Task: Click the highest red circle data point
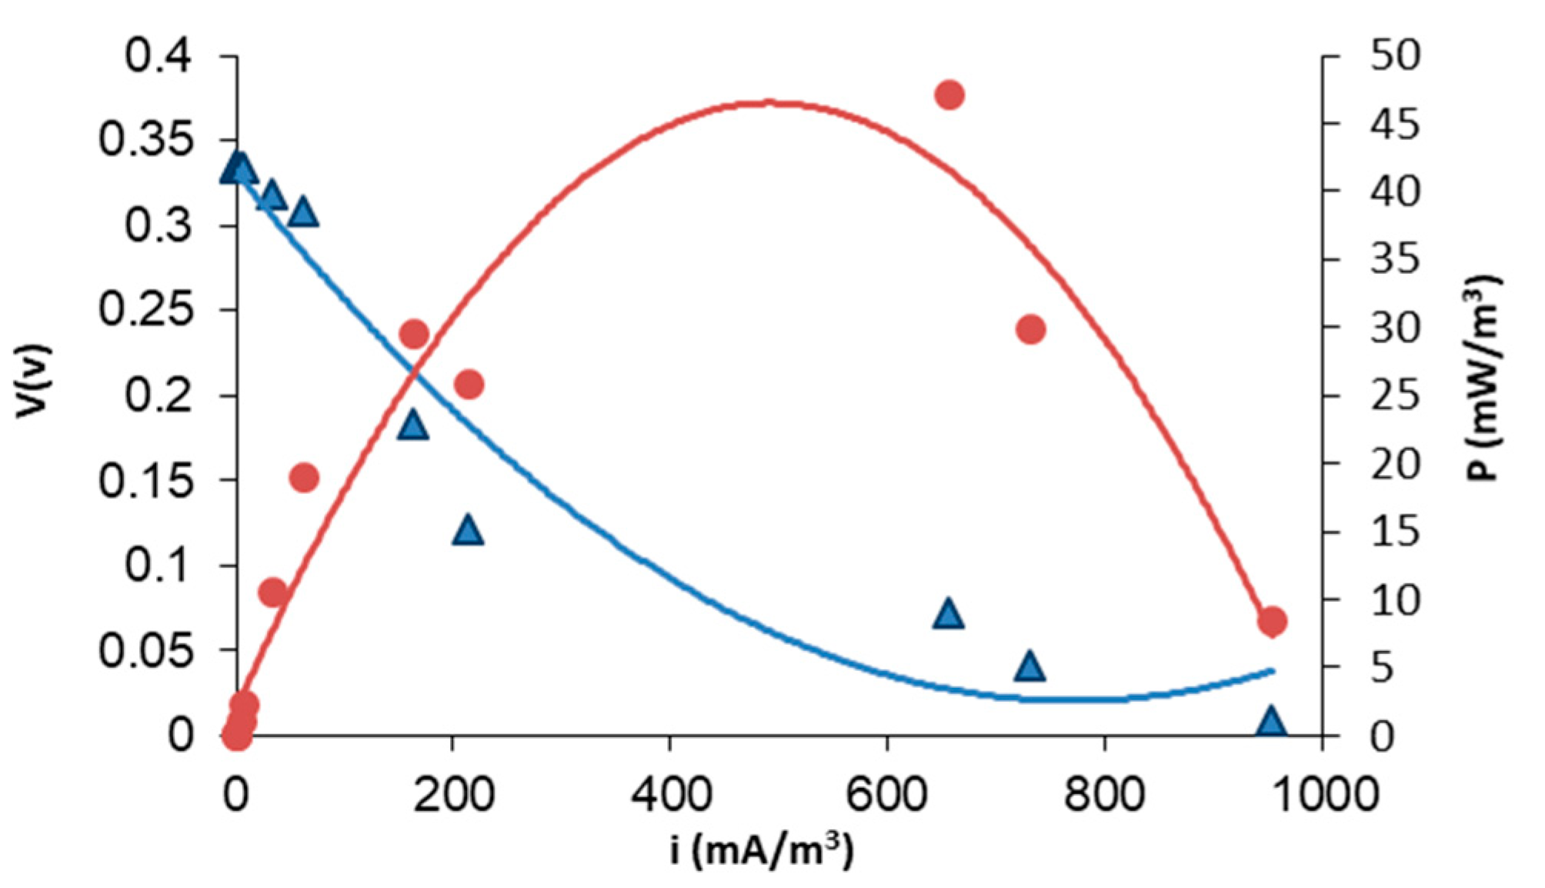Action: (949, 95)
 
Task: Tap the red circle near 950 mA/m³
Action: (1272, 621)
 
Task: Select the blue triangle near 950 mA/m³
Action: (1270, 723)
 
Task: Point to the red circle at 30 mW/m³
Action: (1030, 329)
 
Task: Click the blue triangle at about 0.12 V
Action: (468, 531)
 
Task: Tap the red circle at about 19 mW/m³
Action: (304, 478)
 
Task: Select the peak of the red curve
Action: (766, 102)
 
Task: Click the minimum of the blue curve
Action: (1069, 700)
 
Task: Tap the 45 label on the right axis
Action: (1394, 123)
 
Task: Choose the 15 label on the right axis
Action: (1394, 532)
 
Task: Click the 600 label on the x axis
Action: (886, 794)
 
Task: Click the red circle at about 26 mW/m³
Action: (469, 384)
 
